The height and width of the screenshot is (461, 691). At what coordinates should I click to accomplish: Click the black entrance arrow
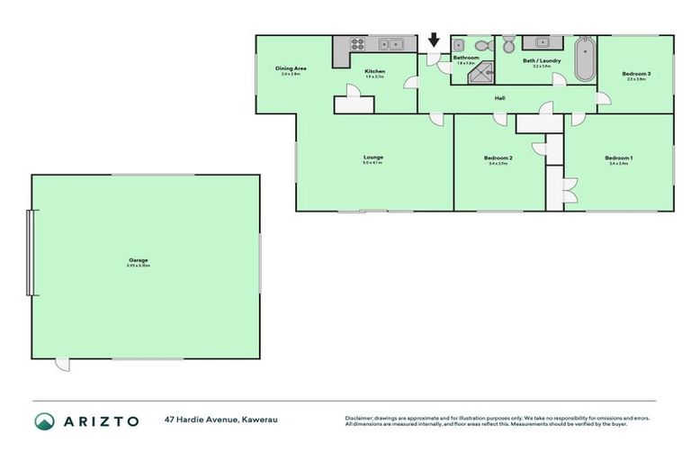point(434,40)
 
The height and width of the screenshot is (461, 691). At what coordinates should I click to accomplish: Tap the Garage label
point(138,260)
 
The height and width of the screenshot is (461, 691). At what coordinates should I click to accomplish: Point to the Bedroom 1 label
point(618,158)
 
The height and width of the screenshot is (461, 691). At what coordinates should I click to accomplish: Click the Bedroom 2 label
point(498,158)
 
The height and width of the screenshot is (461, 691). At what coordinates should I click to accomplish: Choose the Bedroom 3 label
point(636,74)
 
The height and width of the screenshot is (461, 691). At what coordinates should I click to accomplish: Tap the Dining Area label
point(291,68)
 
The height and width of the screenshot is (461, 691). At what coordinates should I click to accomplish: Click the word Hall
point(498,99)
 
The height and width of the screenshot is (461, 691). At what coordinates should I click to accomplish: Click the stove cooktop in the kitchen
point(355,43)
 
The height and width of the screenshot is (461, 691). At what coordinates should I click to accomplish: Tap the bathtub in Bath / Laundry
point(584,59)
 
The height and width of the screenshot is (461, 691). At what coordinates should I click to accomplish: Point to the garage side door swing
point(61,364)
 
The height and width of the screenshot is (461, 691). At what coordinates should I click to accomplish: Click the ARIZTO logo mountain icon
point(44,420)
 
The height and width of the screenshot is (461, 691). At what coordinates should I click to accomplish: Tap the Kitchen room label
point(374,71)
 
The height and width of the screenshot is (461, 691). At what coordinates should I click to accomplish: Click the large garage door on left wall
point(32,253)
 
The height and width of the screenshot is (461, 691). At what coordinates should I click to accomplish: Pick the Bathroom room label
point(466,58)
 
